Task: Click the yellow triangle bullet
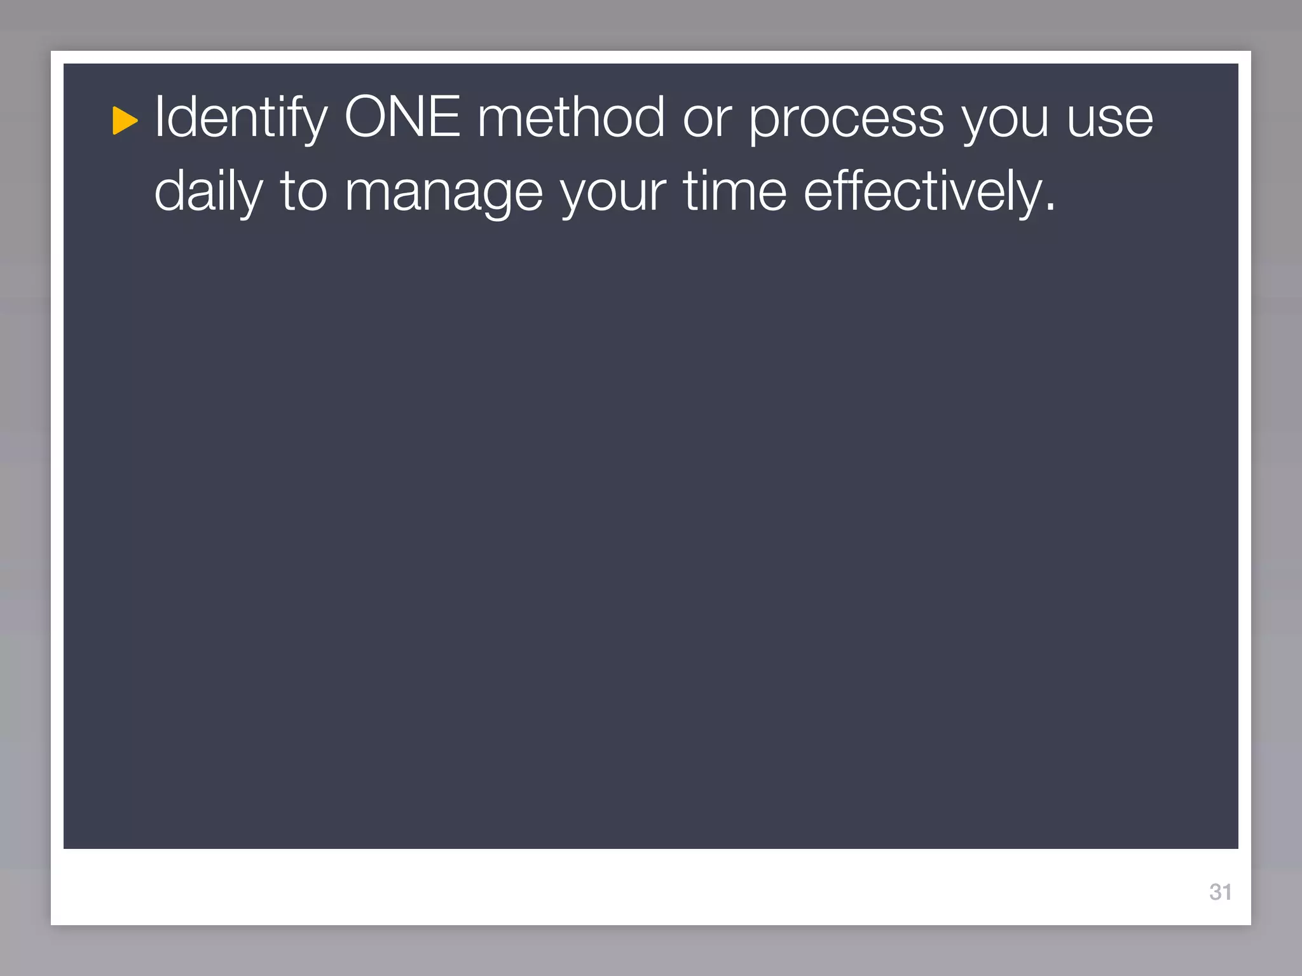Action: [125, 120]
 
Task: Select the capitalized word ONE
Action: [402, 117]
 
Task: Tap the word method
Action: [570, 117]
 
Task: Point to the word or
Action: [707, 121]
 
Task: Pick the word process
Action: [846, 121]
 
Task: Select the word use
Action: [1110, 121]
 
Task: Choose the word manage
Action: [444, 194]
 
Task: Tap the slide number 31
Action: [1220, 892]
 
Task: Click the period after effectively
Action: [1049, 208]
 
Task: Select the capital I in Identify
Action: [159, 117]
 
